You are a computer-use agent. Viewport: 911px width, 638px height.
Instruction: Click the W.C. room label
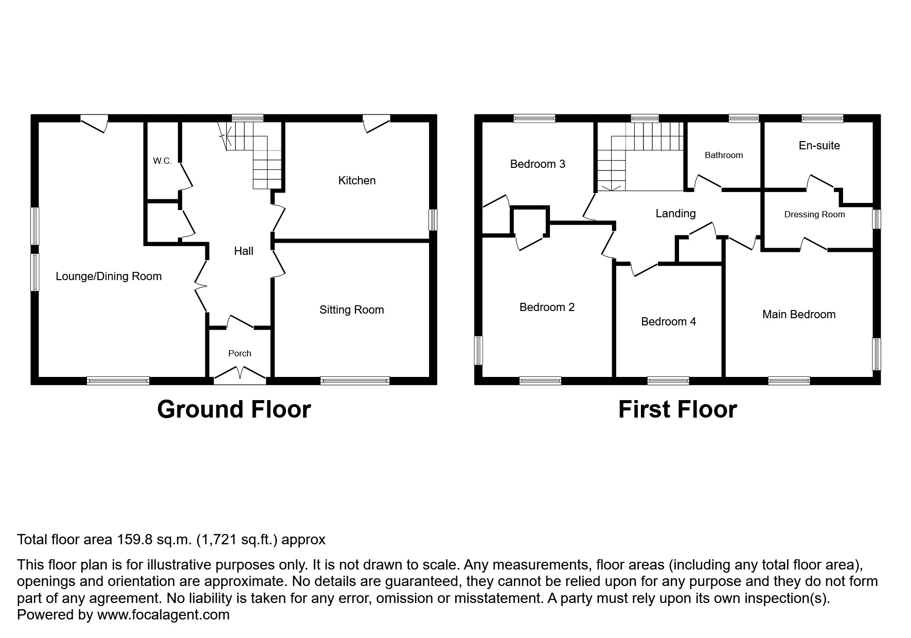click(x=162, y=161)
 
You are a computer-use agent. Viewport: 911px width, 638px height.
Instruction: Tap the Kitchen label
click(x=356, y=181)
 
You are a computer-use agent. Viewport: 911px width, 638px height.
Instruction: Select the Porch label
click(x=240, y=354)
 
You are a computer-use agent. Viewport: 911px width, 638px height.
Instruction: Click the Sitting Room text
click(x=351, y=310)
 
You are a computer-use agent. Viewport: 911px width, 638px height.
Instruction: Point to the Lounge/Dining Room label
click(x=109, y=277)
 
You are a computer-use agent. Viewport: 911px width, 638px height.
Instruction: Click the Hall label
click(x=243, y=251)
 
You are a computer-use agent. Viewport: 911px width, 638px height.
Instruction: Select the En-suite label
click(x=819, y=146)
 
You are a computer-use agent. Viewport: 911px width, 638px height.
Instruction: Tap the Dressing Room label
click(x=814, y=215)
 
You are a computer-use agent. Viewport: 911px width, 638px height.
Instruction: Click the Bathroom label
click(x=723, y=156)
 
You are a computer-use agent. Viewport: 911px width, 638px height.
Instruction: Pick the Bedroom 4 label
click(x=668, y=322)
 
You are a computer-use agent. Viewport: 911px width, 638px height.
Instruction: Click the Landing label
click(x=675, y=214)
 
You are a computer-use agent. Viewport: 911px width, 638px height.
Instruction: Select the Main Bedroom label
click(x=798, y=315)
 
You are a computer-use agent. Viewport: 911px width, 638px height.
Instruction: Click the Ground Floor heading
click(x=234, y=410)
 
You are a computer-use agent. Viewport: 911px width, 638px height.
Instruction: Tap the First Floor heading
click(x=677, y=410)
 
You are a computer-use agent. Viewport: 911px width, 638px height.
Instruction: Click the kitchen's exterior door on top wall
click(x=377, y=124)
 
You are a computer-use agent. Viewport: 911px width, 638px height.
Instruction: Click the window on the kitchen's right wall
click(x=433, y=220)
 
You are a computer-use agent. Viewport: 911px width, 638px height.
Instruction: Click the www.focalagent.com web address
click(x=163, y=615)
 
